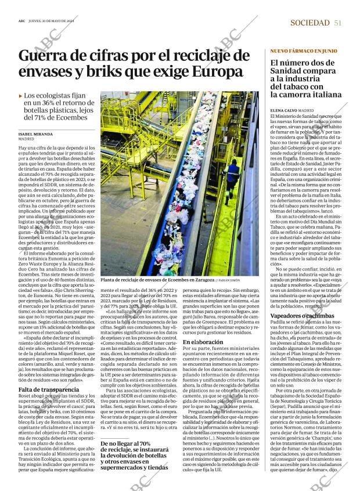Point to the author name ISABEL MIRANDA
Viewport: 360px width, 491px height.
pos(44,134)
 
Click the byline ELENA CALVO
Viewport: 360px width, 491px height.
pos(284,110)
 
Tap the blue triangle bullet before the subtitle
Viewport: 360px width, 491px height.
pos(21,95)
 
